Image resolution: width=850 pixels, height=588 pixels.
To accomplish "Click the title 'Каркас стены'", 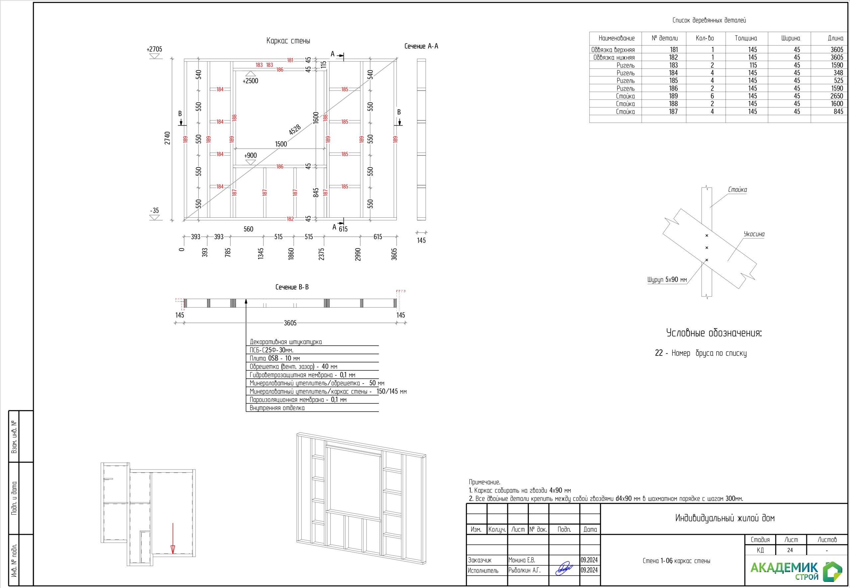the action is coord(288,41).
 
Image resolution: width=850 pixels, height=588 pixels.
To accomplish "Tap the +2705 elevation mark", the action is coord(154,49).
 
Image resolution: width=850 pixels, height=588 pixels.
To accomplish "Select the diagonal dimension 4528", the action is coord(295,130).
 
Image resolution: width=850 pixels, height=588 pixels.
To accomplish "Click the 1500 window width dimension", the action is coord(281,144).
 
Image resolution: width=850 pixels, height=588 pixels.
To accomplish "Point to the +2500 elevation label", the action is coord(250,81).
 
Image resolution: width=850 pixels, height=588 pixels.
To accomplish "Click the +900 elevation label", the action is coord(250,156).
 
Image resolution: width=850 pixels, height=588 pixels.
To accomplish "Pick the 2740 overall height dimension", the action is coord(168,138).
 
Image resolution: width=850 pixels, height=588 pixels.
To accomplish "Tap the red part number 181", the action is coord(291,60).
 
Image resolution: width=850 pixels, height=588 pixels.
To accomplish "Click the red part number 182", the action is coord(291,219).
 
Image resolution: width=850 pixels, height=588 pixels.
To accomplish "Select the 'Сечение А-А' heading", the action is coord(421,46).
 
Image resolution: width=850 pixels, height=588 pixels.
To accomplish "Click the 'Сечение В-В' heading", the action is coord(292,287).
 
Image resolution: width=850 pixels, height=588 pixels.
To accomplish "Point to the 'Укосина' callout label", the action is coord(754,234).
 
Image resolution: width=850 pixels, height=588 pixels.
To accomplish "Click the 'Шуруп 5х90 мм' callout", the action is coord(667,280).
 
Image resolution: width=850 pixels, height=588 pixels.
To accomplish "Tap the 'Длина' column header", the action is coord(835,38).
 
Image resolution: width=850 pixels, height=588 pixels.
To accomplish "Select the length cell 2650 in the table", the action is coord(837,96).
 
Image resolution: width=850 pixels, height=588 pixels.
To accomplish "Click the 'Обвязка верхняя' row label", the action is coord(613,50).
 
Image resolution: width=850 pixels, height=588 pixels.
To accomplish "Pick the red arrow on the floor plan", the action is coord(173,538).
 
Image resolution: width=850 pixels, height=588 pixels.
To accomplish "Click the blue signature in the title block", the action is coord(564,568).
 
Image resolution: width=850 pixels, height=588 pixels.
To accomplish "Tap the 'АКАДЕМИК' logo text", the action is coord(784,567).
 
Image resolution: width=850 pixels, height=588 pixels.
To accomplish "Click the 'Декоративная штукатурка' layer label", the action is coord(286,342).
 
